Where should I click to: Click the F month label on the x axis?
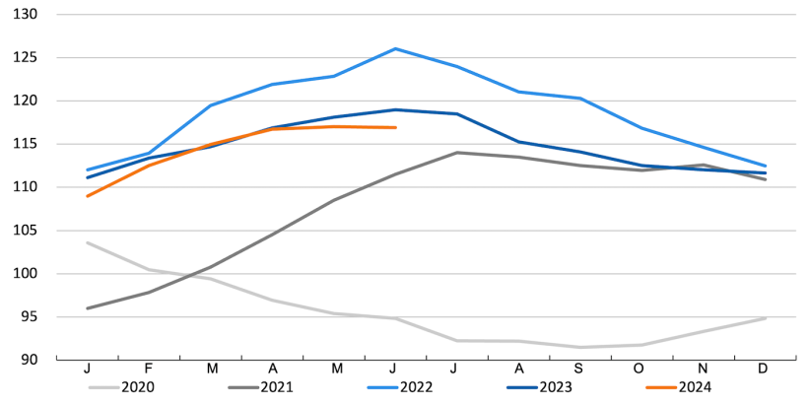[150, 369]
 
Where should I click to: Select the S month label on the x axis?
[580, 369]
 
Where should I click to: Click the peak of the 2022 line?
[395, 48]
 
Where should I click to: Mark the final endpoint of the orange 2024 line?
[395, 127]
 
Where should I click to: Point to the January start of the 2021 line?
[88, 308]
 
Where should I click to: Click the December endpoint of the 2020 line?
[766, 318]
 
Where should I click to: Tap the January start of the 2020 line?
[88, 242]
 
